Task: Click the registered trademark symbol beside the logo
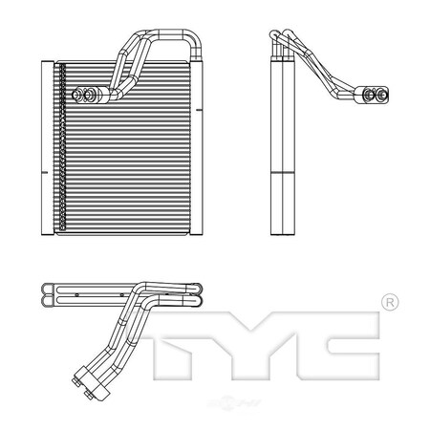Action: pyautogui.click(x=390, y=303)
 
